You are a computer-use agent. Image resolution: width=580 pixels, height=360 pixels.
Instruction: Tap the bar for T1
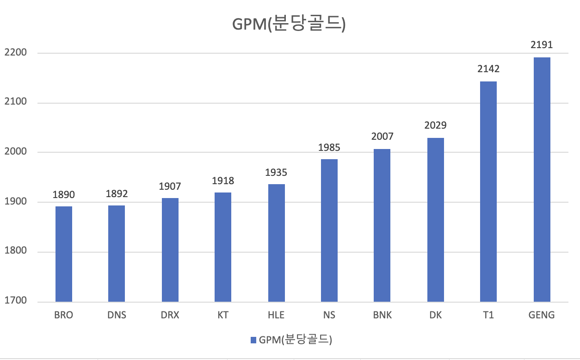click(x=488, y=192)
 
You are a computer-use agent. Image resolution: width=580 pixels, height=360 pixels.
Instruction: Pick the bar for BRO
click(x=64, y=254)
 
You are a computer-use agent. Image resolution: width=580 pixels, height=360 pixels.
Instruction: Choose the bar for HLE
click(x=277, y=243)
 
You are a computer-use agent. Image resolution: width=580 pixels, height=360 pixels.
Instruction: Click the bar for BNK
click(x=382, y=225)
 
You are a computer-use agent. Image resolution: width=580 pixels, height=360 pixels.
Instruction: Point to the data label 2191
click(x=542, y=45)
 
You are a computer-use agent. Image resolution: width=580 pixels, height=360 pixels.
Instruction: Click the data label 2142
click(x=488, y=69)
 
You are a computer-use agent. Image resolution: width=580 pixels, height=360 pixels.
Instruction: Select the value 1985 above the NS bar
click(x=329, y=148)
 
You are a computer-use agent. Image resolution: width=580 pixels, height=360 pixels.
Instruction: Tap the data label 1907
click(x=170, y=186)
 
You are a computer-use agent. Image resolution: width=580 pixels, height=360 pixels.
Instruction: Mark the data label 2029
click(x=435, y=125)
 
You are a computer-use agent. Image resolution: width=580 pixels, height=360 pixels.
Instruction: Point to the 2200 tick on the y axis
click(x=16, y=53)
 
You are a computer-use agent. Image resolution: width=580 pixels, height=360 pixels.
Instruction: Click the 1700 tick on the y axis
click(x=16, y=301)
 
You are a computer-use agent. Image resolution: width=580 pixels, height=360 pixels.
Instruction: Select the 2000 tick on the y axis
click(x=16, y=152)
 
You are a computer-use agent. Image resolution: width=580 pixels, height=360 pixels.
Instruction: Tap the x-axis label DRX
click(x=170, y=316)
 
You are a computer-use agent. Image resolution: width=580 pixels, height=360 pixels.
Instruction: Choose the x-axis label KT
click(x=223, y=316)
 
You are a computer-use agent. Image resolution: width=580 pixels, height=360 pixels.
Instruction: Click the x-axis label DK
click(x=435, y=316)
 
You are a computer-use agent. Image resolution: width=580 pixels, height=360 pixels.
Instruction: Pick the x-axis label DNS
click(x=117, y=316)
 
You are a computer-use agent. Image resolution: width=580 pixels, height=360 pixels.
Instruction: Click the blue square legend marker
click(x=253, y=340)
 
